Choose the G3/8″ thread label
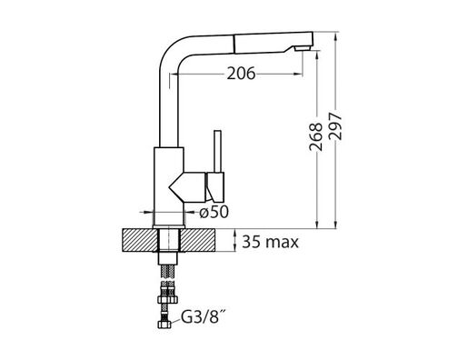[206, 319]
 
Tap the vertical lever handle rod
[218, 149]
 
